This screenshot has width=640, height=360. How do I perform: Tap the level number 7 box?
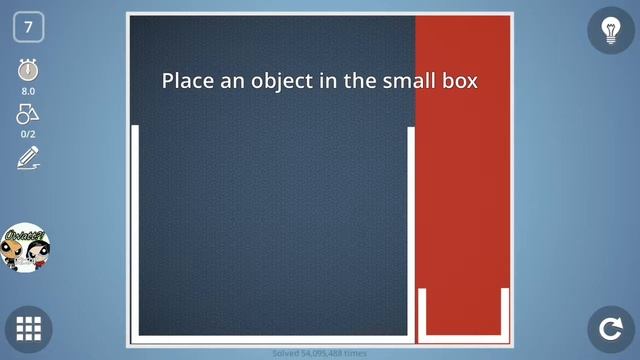[x=28, y=28]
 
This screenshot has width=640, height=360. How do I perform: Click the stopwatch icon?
[x=28, y=71]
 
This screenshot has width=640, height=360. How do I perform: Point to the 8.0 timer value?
[x=28, y=91]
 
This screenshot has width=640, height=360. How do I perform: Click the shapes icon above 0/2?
[x=28, y=114]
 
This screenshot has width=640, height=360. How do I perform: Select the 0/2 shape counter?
[x=28, y=133]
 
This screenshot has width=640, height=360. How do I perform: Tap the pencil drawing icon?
[x=28, y=157]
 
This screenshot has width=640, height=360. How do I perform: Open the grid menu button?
[x=28, y=328]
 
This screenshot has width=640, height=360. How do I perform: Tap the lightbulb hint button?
[x=610, y=30]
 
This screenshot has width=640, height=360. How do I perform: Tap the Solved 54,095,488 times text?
[x=320, y=353]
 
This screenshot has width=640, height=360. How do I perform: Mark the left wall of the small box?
[x=423, y=312]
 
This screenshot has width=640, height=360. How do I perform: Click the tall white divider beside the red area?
[x=411, y=230]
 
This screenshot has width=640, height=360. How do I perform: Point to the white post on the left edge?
[x=135, y=230]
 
